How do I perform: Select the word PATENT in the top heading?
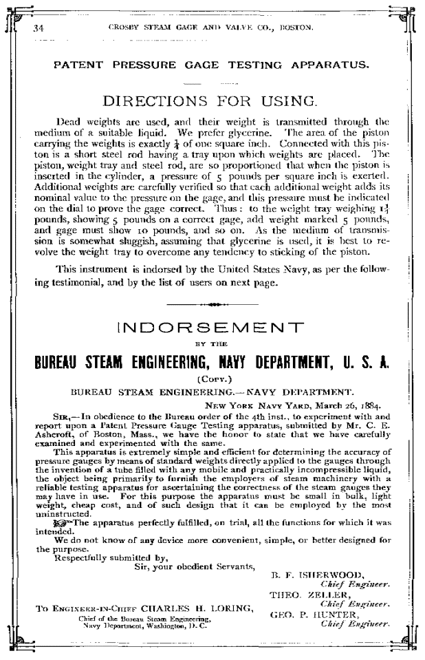(78, 67)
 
